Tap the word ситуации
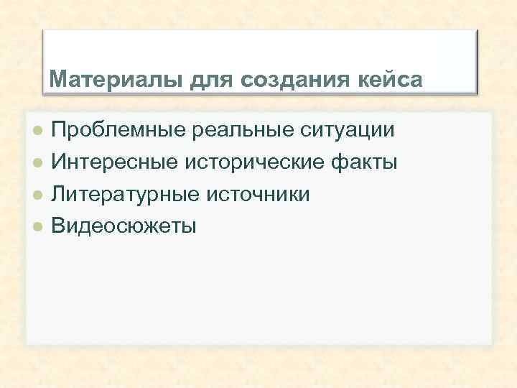pyautogui.click(x=345, y=131)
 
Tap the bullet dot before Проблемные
pyautogui.click(x=39, y=131)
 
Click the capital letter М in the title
pyautogui.click(x=56, y=78)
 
